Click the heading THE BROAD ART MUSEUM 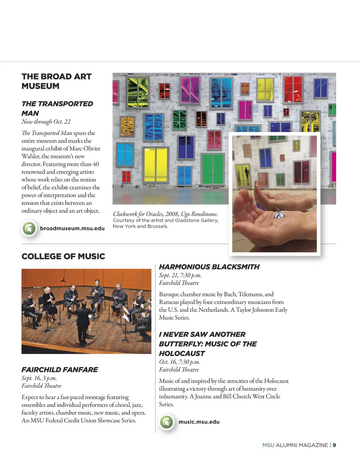coord(56,81)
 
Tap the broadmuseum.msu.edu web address coord(72,228)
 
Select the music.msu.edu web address coord(199,422)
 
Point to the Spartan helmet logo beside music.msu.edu coord(167,422)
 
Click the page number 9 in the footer coord(334,445)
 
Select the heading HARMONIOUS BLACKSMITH coord(209,267)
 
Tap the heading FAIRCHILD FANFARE coord(60,369)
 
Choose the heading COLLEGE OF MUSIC coord(63,256)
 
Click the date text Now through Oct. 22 coord(46,122)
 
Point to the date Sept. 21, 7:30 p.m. coord(180,275)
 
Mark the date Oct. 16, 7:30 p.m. coord(179,362)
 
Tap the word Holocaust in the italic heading coord(182,353)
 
